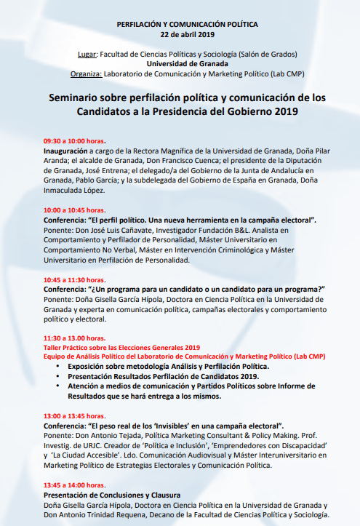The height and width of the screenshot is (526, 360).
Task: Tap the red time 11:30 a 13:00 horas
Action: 75,338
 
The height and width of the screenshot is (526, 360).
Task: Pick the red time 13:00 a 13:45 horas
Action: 75,415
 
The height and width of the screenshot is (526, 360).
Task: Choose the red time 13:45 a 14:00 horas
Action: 75,485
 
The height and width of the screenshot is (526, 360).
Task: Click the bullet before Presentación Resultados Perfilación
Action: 57,376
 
